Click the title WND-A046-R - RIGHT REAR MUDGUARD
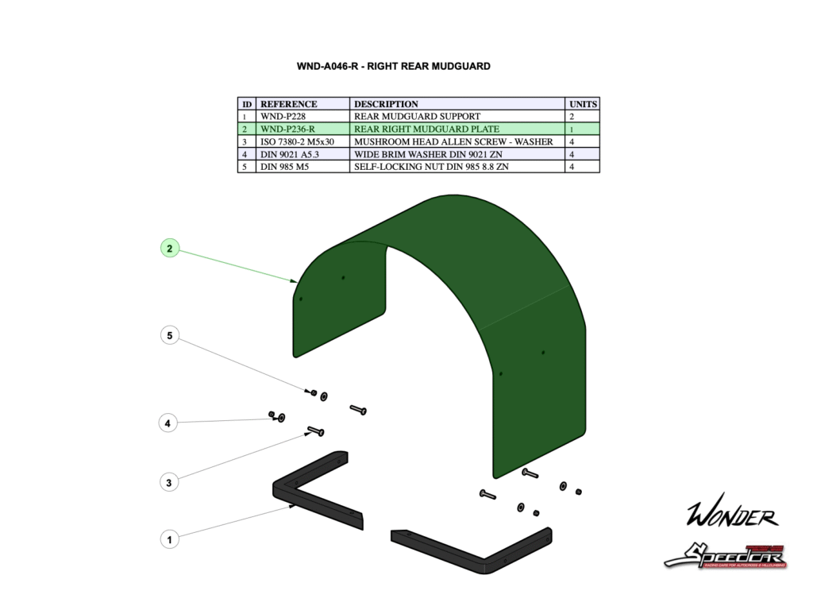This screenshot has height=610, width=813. (x=393, y=66)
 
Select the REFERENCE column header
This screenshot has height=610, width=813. (x=289, y=104)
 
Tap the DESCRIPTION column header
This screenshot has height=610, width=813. (x=386, y=104)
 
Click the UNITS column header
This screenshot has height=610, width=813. (x=583, y=104)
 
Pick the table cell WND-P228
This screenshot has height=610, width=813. (x=282, y=116)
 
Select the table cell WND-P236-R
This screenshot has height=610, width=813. (x=287, y=129)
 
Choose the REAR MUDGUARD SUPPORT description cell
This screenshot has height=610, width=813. (x=417, y=116)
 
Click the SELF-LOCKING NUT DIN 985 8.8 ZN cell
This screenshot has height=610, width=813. (x=431, y=167)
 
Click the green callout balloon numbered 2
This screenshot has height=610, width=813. (x=169, y=249)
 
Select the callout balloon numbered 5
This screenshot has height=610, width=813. (x=169, y=335)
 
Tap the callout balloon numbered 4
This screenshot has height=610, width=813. (x=168, y=423)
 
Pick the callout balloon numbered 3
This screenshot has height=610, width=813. (x=168, y=481)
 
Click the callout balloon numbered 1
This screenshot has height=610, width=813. (x=168, y=539)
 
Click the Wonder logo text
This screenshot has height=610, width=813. (x=731, y=516)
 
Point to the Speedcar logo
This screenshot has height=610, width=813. (x=725, y=554)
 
